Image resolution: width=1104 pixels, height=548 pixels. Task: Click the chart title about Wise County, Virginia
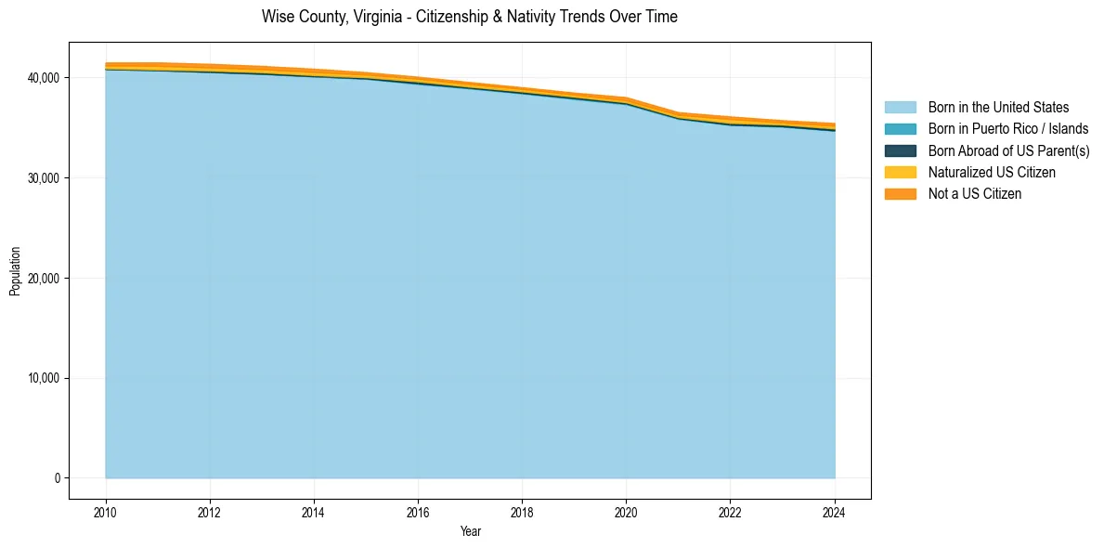469,17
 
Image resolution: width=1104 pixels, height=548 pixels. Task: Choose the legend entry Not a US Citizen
974,194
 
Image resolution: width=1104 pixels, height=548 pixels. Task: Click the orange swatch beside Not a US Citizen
900,194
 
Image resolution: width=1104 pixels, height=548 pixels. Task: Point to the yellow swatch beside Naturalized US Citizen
900,173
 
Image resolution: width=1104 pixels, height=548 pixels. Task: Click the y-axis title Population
15,270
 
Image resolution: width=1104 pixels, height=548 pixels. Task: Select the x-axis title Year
470,531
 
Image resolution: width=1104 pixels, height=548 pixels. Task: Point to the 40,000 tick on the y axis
44,78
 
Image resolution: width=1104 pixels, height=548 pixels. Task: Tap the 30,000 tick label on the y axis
44,178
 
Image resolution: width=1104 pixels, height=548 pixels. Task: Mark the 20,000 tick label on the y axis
44,279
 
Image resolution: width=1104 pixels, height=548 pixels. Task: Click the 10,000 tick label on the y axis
44,379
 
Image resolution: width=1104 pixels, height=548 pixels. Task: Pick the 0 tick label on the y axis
56,478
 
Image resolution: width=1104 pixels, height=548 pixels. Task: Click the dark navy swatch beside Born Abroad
900,150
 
